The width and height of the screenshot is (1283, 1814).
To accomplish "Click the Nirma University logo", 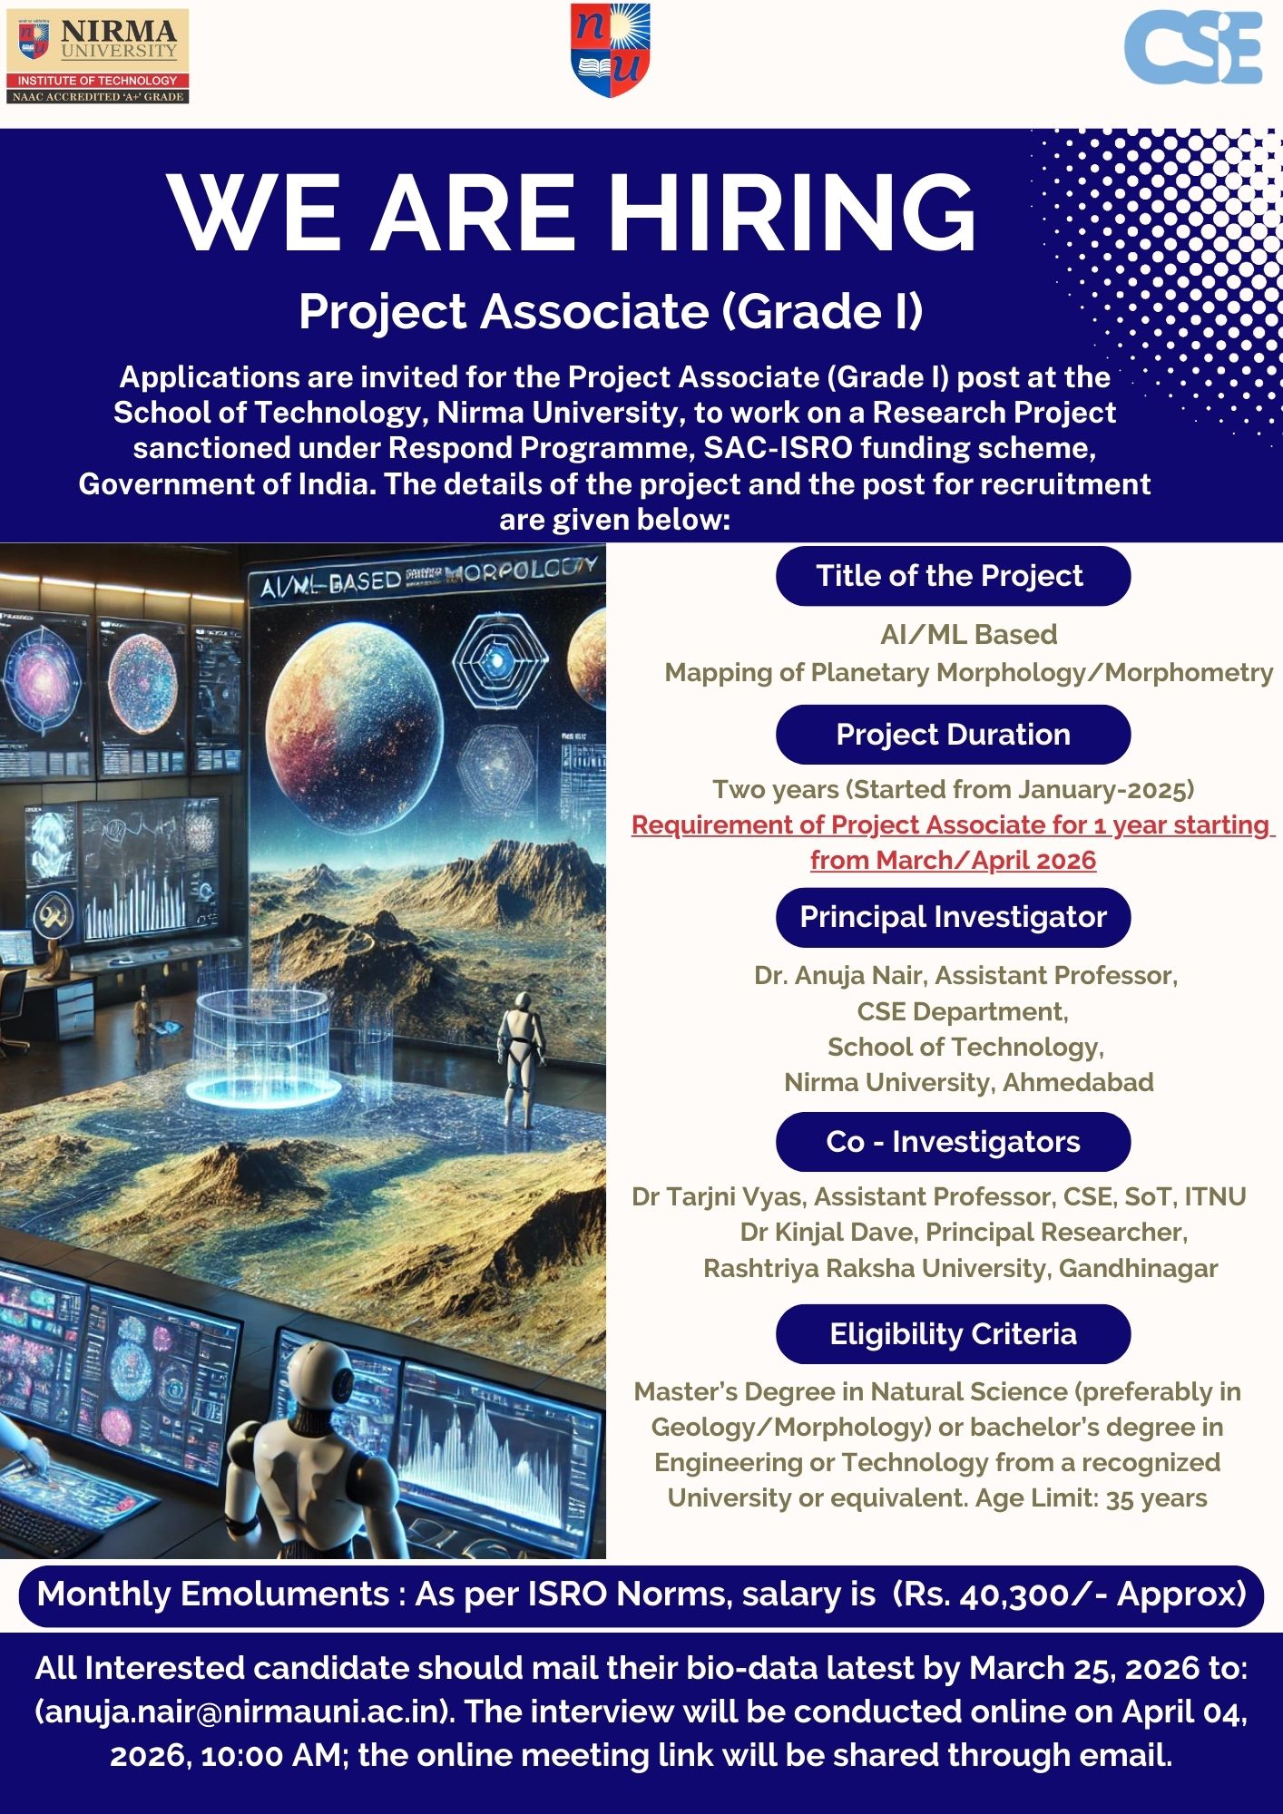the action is tap(98, 56).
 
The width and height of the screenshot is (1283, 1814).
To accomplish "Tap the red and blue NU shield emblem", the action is tap(610, 50).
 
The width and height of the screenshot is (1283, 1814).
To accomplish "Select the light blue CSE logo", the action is tap(1192, 49).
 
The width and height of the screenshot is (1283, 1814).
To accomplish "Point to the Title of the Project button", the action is tap(953, 576).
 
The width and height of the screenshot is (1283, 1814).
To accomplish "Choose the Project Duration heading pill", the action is tap(953, 735).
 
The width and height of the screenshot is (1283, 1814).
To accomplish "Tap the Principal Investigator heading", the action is tap(953, 917).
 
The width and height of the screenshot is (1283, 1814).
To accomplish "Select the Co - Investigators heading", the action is tap(953, 1142).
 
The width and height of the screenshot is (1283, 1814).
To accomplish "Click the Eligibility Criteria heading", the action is tap(953, 1334).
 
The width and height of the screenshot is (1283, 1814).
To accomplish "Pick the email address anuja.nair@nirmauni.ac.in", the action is tap(244, 1712).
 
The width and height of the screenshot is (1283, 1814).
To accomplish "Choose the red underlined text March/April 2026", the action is tap(953, 860).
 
